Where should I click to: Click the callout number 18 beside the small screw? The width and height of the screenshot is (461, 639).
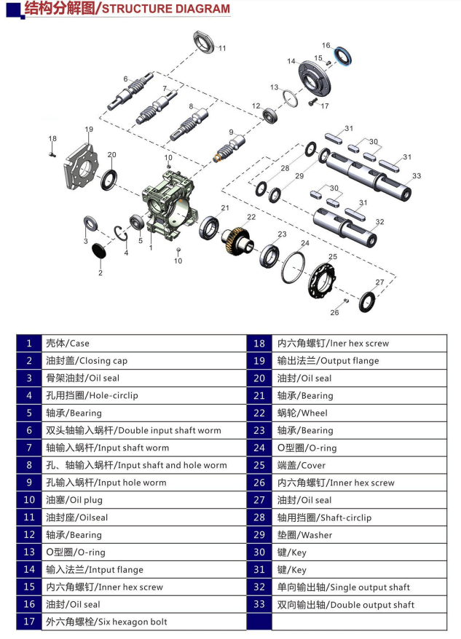point(52,138)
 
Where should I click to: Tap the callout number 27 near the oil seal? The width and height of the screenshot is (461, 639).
point(379,282)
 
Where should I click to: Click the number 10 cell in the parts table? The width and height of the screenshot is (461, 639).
point(29,500)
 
